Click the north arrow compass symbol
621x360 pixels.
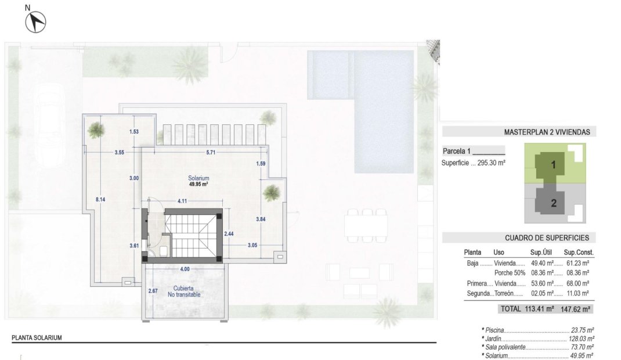[36, 22]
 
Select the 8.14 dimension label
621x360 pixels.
[100, 199]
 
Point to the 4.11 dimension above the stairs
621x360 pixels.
[182, 201]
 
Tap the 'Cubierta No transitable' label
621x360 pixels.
[185, 291]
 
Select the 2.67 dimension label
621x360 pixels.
[153, 290]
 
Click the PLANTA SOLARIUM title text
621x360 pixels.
[37, 337]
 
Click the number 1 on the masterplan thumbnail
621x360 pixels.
[553, 165]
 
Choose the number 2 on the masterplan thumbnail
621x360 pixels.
[553, 203]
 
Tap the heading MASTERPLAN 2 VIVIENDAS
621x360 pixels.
[547, 132]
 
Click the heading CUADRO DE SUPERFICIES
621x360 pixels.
[547, 238]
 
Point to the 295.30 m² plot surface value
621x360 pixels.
[491, 163]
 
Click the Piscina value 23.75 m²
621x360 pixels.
[582, 329]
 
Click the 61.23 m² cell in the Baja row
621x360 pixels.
[576, 263]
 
